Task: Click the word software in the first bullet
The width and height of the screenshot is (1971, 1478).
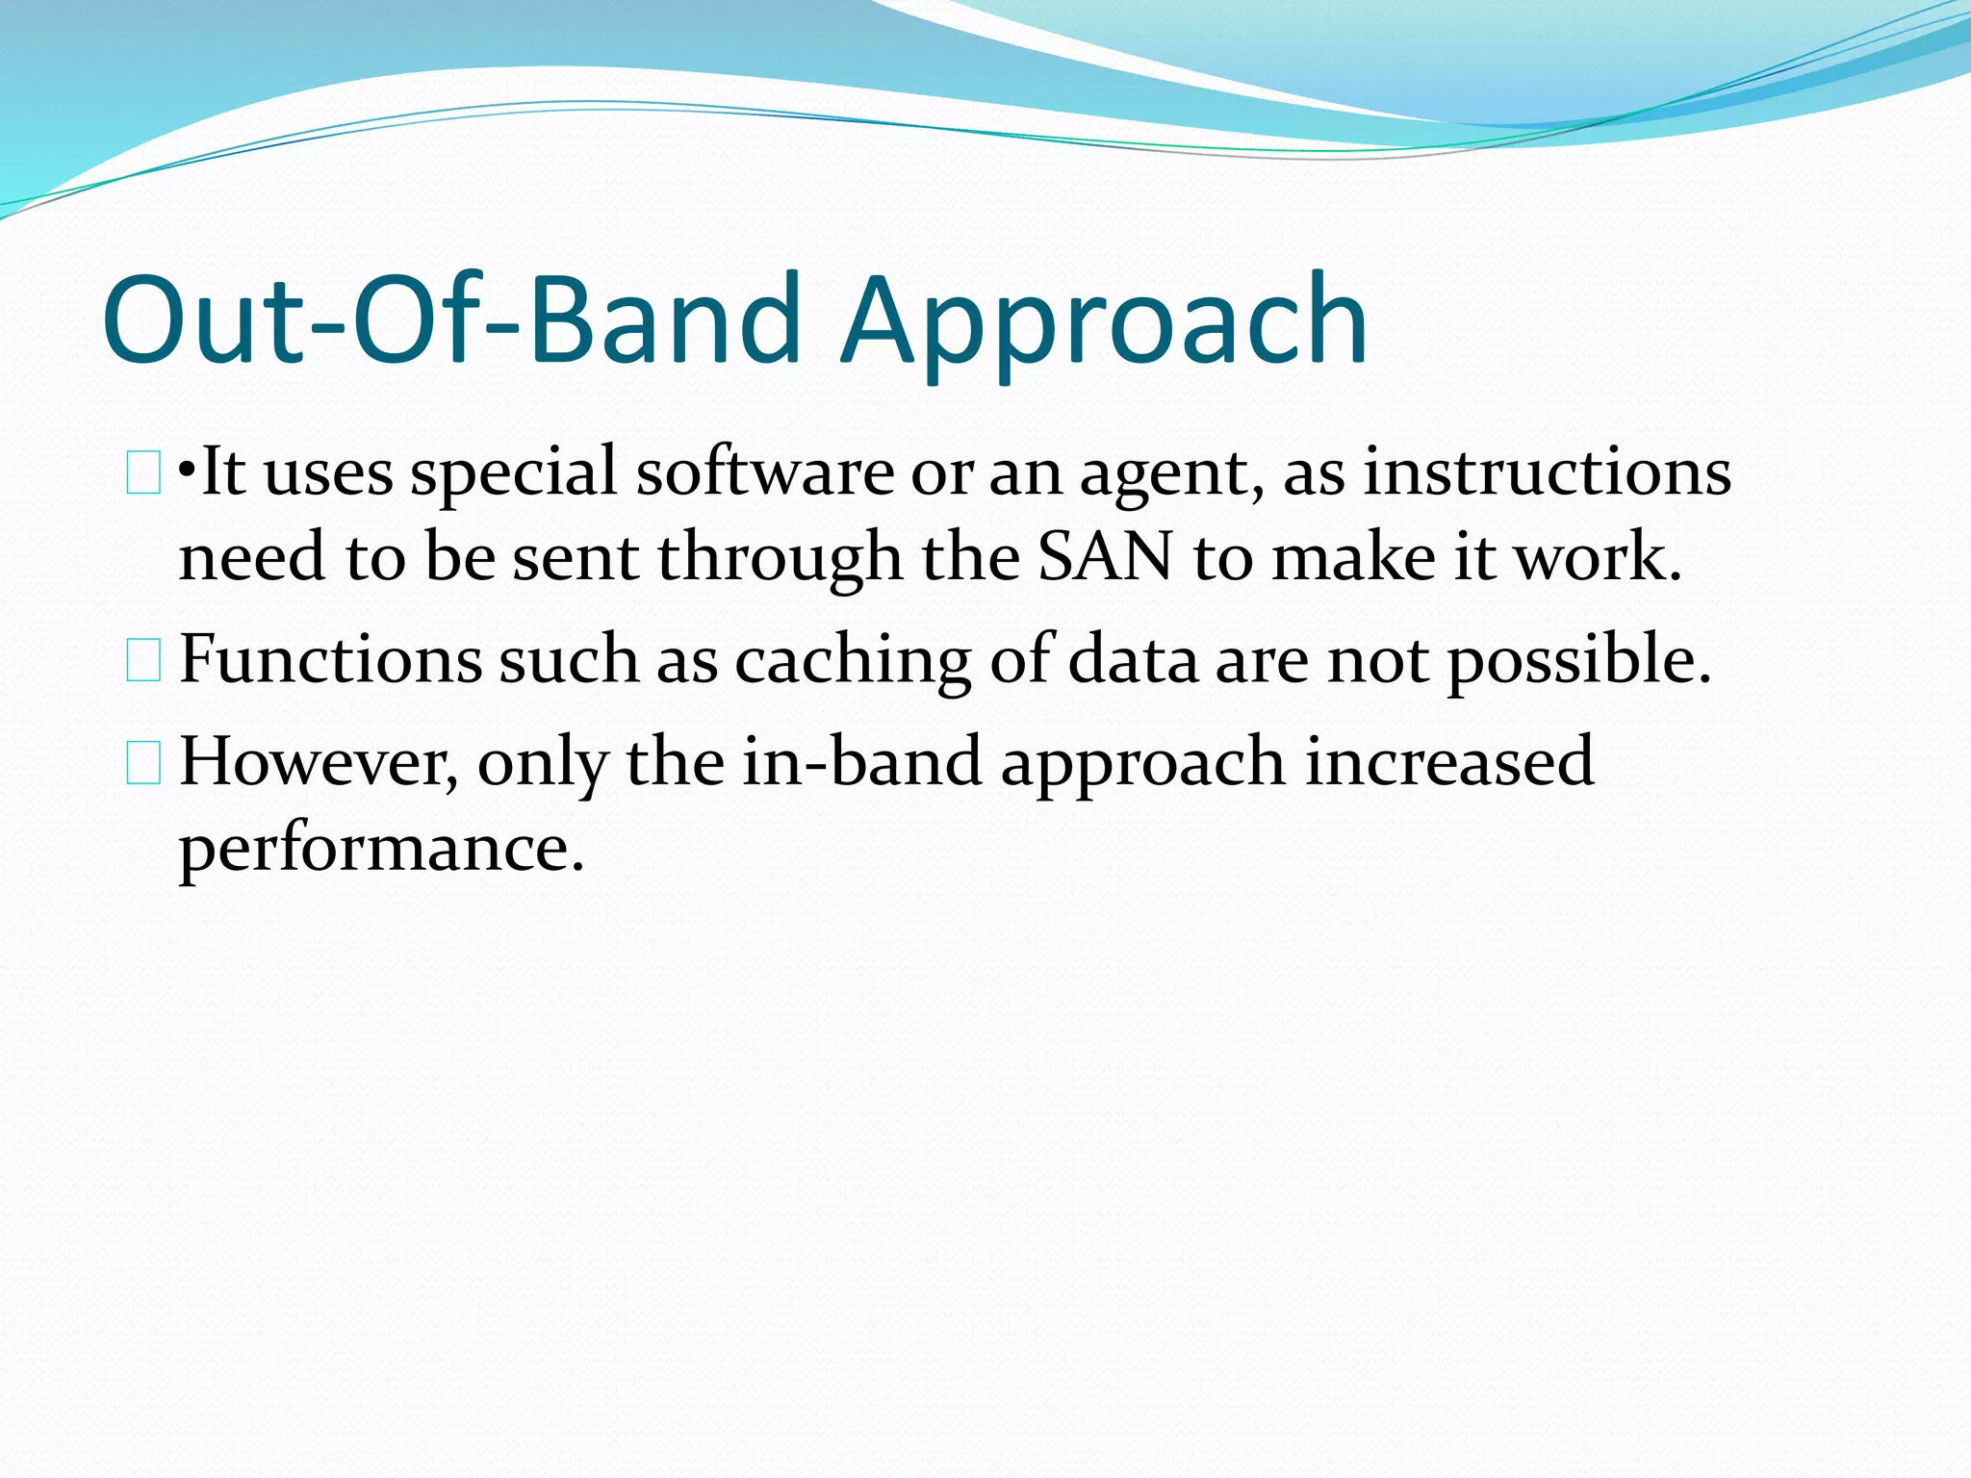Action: pos(765,472)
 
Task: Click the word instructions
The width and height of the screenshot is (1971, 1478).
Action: pos(1547,472)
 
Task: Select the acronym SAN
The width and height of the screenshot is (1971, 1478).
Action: pos(1105,557)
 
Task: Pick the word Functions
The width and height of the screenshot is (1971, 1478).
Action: pos(330,660)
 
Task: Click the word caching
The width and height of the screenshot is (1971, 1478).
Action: pos(853,662)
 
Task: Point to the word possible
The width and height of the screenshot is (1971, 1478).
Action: pos(1579,662)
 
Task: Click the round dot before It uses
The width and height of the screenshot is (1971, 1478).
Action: pos(188,473)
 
